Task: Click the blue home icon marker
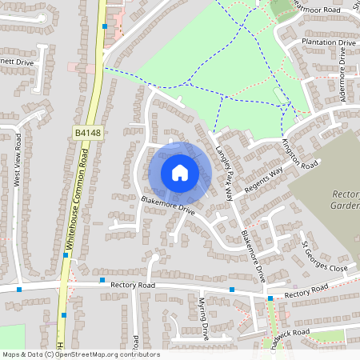[180, 173]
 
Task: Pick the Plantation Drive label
[329, 42]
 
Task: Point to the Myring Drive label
[203, 318]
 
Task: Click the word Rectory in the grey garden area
[346, 194]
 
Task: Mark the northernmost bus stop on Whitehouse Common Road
[105, 26]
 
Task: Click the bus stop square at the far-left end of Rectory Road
[18, 289]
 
